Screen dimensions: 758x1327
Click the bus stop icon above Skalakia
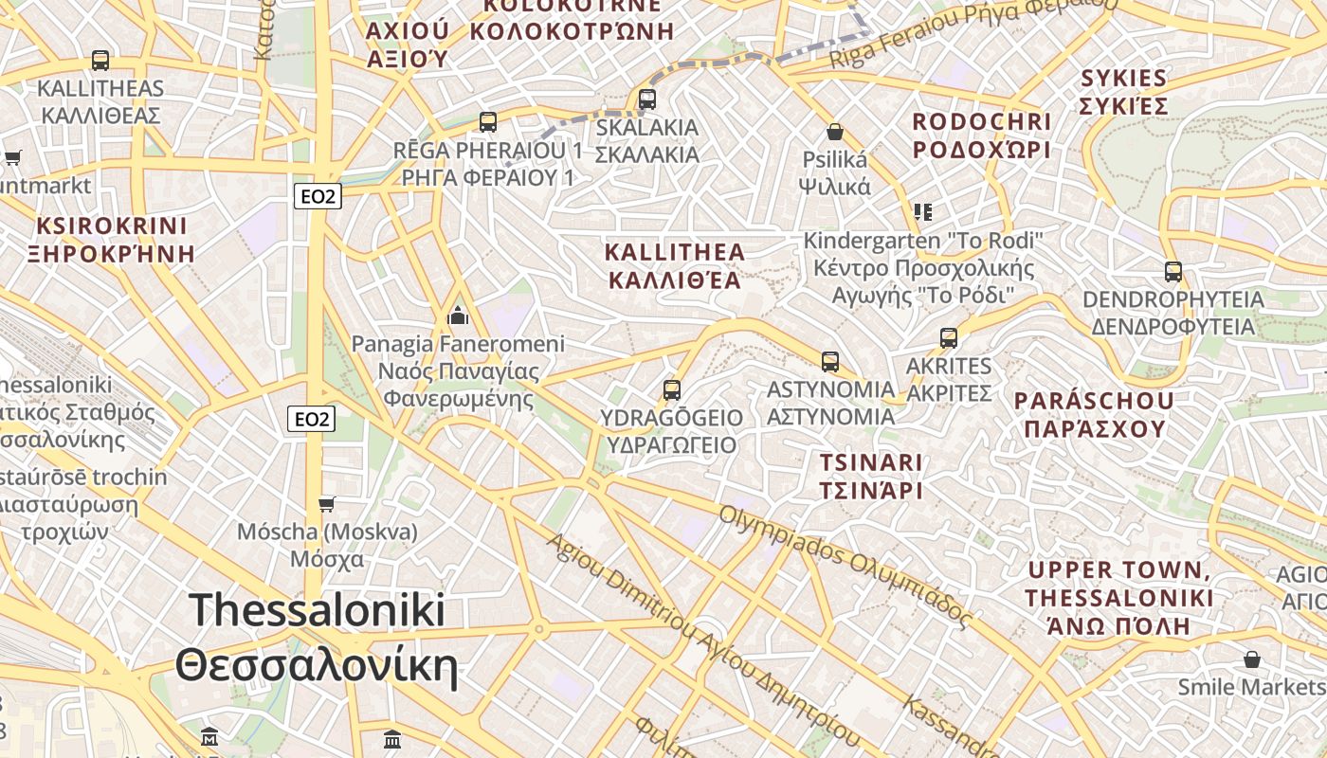[647, 99]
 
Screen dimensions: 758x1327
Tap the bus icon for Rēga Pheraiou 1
[488, 121]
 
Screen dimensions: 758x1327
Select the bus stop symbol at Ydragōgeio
[672, 389]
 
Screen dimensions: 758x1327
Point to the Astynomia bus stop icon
[830, 361]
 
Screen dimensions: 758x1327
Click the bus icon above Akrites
[949, 337]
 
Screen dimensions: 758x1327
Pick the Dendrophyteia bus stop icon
[1173, 272]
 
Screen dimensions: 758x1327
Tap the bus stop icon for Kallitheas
[100, 60]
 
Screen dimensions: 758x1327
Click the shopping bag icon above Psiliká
[835, 131]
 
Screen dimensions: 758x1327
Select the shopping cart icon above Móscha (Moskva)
[327, 503]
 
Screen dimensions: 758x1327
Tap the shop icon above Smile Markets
[1252, 659]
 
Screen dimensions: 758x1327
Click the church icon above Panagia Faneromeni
[458, 315]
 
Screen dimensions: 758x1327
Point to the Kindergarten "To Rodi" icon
[923, 211]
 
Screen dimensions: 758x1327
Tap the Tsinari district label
[871, 477]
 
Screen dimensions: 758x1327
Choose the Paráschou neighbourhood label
[1094, 414]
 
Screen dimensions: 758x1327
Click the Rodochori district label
[982, 135]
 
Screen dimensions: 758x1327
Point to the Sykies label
[1124, 91]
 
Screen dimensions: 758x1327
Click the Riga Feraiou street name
[972, 34]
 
